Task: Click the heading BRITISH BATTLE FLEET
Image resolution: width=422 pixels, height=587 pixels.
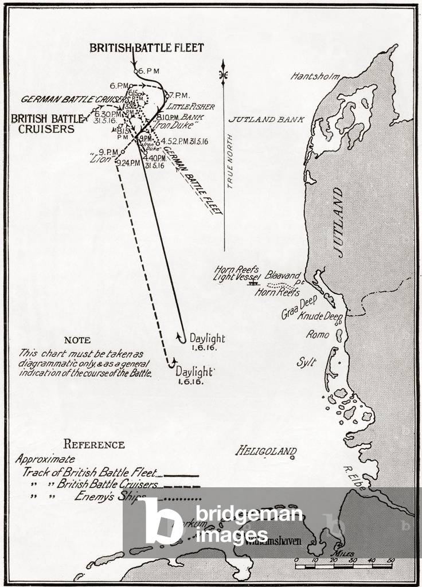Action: (x=146, y=48)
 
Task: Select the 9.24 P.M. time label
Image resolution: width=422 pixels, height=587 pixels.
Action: (x=128, y=163)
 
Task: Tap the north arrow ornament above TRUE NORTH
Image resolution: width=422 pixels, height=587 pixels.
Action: (x=224, y=75)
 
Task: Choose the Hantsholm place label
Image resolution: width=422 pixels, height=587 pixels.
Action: (x=315, y=76)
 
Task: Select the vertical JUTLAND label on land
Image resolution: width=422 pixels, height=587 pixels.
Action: (x=339, y=222)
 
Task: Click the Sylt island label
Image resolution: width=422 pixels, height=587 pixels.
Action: (x=306, y=362)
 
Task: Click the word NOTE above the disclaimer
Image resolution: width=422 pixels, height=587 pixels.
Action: (x=77, y=340)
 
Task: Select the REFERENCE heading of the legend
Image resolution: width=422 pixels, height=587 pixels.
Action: (x=93, y=444)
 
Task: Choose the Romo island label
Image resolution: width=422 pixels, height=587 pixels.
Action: (x=317, y=334)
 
